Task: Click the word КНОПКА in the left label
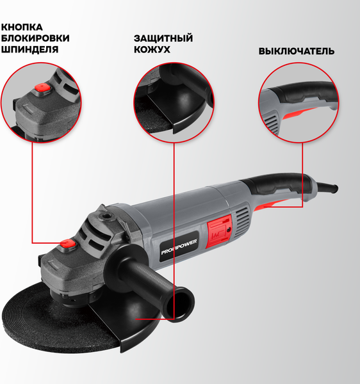[22, 27]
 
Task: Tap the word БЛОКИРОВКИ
[35, 38]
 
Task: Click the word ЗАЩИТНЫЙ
[163, 39]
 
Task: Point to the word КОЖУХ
[151, 50]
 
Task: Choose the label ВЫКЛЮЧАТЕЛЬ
[296, 51]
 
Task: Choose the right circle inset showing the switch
[298, 102]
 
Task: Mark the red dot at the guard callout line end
[137, 316]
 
